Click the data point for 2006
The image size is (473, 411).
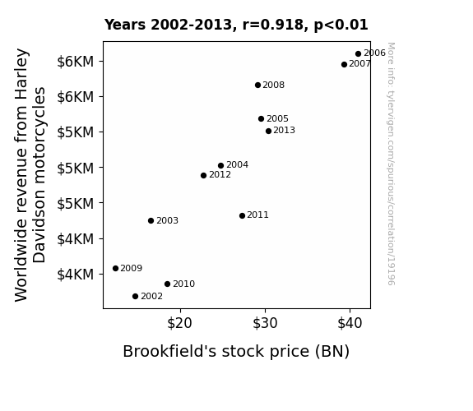[358, 54]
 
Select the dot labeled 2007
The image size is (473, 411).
[344, 65]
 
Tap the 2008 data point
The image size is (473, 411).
[257, 85]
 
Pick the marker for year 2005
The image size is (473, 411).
[262, 119]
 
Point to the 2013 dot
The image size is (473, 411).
[268, 131]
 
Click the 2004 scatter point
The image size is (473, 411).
[220, 165]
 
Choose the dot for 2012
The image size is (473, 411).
[204, 175]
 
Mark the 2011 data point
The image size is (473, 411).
[242, 215]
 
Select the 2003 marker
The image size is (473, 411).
[151, 221]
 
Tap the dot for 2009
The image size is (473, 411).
[115, 268]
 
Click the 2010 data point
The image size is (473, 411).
[168, 284]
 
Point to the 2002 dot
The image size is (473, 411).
[136, 297]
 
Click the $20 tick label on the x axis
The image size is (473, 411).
[180, 324]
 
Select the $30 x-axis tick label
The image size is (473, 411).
[265, 324]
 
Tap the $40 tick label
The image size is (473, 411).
[350, 324]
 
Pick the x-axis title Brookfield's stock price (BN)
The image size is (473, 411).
[236, 352]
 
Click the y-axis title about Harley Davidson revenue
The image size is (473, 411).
[30, 175]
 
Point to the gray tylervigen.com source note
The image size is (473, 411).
[391, 164]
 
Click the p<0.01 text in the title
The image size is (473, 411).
[341, 25]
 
